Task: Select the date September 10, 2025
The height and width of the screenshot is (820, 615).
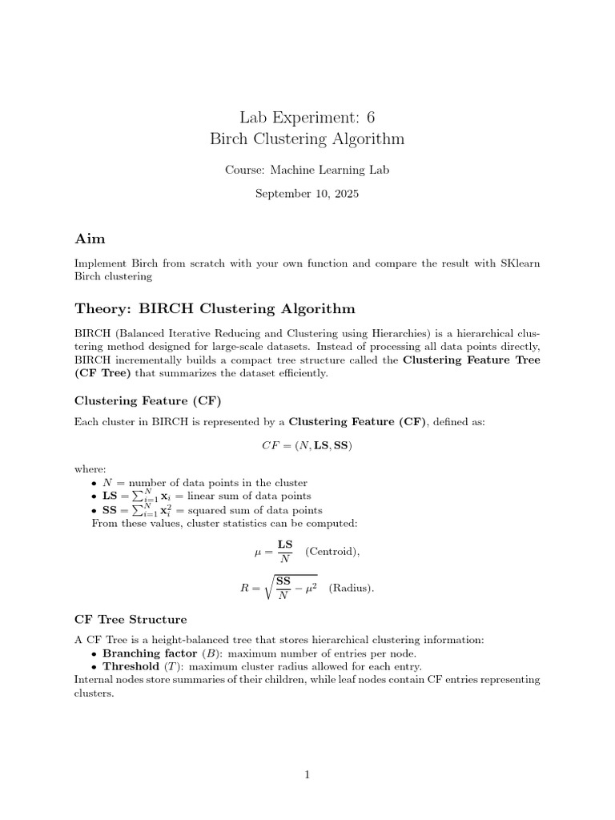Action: [307, 193]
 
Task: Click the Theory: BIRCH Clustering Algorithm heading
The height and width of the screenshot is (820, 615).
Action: [215, 308]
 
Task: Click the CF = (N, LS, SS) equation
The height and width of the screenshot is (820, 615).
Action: [307, 446]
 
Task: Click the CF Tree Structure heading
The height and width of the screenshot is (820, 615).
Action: [131, 619]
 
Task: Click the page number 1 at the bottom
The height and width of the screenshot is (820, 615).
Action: [307, 774]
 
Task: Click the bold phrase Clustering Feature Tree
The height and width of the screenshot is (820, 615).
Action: [472, 360]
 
